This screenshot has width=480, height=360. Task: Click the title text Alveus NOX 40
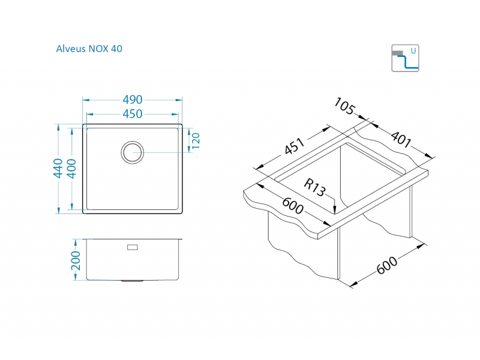coord(89,49)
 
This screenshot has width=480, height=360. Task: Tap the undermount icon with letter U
coord(405,58)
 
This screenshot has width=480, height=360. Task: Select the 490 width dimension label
coord(133,100)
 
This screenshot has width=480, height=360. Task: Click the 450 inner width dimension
coord(133,114)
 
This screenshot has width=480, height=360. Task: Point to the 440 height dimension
coord(58,169)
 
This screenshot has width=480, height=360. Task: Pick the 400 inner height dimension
coord(71,169)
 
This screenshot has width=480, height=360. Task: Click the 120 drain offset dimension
coord(196,141)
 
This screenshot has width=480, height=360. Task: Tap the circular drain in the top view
coord(133,152)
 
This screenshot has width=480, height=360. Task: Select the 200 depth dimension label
coord(76,261)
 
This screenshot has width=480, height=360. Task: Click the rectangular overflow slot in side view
coord(133,247)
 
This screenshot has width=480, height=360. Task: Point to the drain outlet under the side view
coord(132,281)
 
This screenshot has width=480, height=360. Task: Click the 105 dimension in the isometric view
coord(344,106)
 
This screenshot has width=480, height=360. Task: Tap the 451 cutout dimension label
coord(295,146)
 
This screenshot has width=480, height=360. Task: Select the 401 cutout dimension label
coord(401,139)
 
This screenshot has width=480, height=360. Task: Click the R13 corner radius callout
coord(314,187)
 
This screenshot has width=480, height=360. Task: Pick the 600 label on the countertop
coord(293,206)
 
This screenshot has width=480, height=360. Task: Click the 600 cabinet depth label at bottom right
coord(387,265)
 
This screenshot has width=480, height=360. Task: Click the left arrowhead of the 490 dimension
coord(86,100)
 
